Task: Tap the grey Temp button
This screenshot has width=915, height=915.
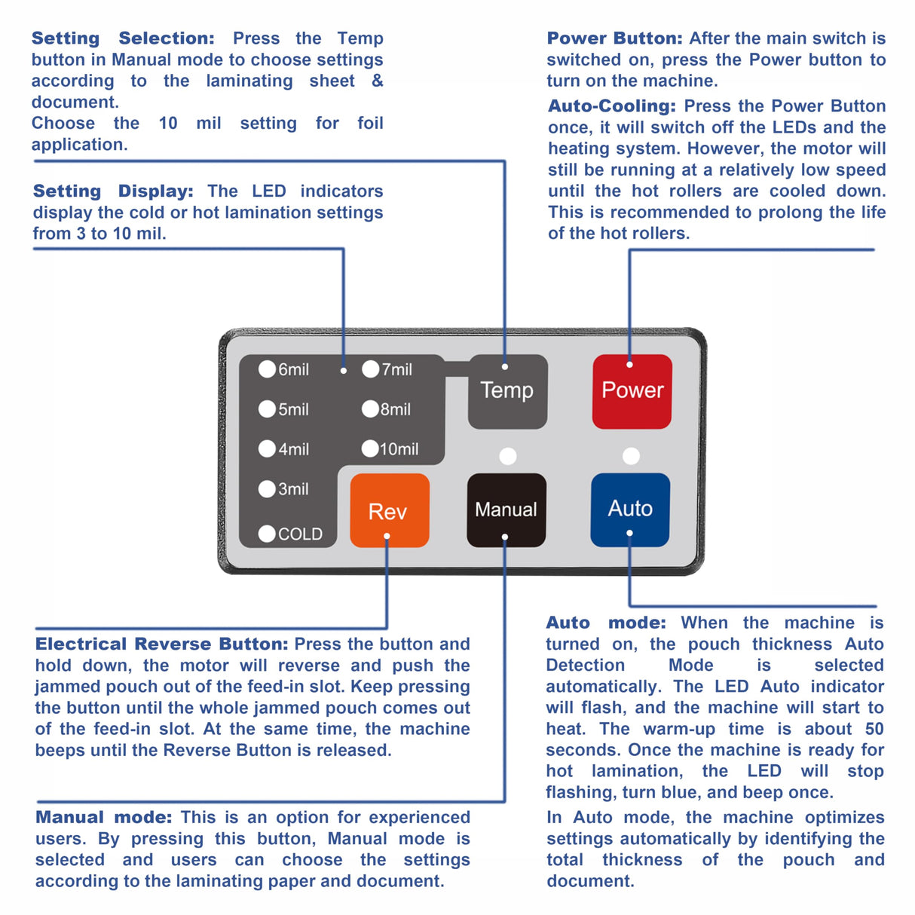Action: pyautogui.click(x=507, y=391)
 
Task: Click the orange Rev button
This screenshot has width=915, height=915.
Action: pyautogui.click(x=389, y=510)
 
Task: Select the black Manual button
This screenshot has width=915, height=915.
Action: pyautogui.click(x=506, y=510)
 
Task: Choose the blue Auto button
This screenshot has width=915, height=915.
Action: pyautogui.click(x=630, y=509)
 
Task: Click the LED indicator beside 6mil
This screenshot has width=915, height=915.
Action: pyautogui.click(x=267, y=369)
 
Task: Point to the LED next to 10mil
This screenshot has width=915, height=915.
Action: pyautogui.click(x=369, y=448)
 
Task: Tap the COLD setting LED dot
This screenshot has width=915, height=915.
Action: pyautogui.click(x=267, y=534)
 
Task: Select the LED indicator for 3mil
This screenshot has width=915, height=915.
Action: pyautogui.click(x=267, y=488)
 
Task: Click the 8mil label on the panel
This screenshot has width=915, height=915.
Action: pyautogui.click(x=396, y=409)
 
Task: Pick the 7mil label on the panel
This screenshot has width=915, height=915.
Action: pyautogui.click(x=397, y=369)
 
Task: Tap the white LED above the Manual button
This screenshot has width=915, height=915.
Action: pyautogui.click(x=508, y=456)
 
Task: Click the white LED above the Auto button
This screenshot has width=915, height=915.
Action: pyautogui.click(x=631, y=456)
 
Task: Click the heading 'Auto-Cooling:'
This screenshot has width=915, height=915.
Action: pyautogui.click(x=611, y=106)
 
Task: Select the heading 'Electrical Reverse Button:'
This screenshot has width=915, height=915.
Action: pyautogui.click(x=161, y=644)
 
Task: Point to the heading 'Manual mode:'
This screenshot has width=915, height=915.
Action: pyautogui.click(x=103, y=818)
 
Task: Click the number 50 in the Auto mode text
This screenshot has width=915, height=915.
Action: pyautogui.click(x=874, y=729)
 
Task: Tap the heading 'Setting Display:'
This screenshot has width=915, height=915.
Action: pyautogui.click(x=113, y=191)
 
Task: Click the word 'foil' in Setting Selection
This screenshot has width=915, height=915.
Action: pyautogui.click(x=370, y=123)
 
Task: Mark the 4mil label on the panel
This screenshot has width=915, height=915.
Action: pyautogui.click(x=294, y=449)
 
